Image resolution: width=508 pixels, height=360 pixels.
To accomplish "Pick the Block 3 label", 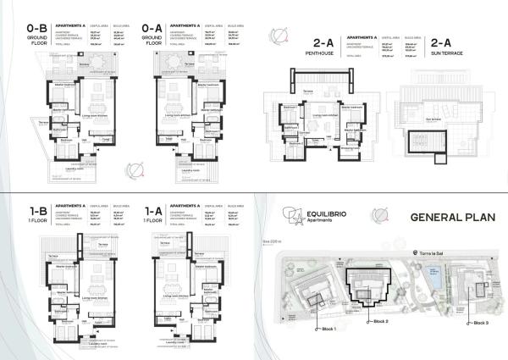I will tap(480, 323).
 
